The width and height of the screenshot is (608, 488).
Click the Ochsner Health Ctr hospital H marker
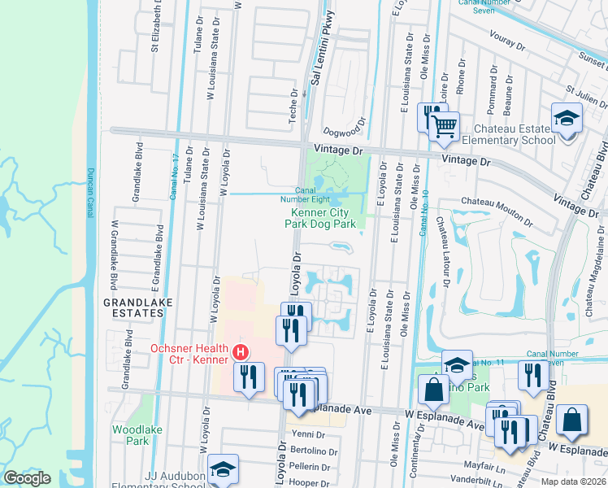click(241, 352)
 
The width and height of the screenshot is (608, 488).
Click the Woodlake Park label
click(131, 434)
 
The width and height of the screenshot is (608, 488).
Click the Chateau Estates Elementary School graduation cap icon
click(566, 118)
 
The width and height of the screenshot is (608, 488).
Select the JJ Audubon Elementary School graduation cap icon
click(224, 468)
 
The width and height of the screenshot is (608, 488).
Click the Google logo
click(28, 478)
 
